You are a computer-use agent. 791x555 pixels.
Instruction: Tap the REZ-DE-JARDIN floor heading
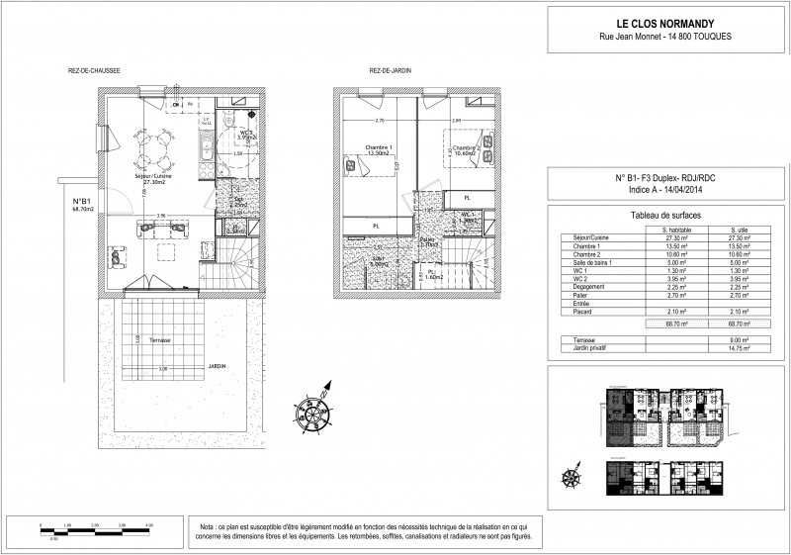(390, 71)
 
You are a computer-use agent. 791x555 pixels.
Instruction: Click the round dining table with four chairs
(152, 149)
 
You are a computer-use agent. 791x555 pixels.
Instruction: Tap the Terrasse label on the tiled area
(160, 339)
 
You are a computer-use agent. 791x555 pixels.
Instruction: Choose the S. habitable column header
(678, 230)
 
